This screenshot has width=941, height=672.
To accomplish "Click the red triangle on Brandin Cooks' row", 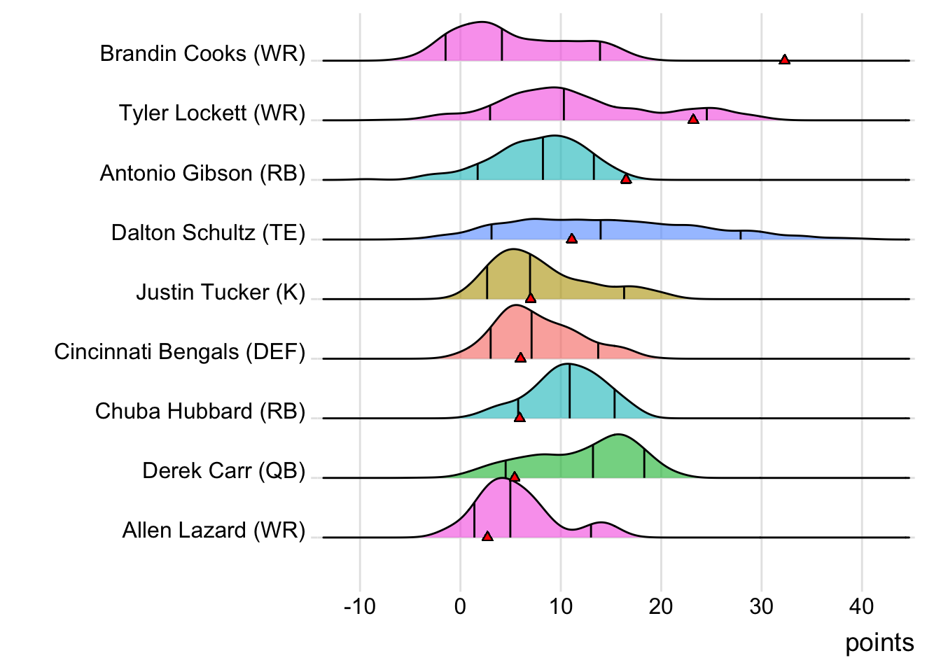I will (x=784, y=59).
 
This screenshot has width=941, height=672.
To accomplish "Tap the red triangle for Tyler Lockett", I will (x=693, y=119).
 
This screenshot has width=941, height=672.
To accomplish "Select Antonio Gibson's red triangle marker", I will (x=626, y=179).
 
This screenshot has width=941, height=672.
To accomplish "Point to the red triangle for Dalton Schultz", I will (x=571, y=239).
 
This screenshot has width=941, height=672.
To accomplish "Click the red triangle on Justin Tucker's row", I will (x=531, y=298).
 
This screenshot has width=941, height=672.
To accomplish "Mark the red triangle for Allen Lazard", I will (x=487, y=536).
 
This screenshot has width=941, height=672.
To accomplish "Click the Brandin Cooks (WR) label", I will (x=202, y=53).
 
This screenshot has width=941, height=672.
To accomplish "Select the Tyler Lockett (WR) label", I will (x=211, y=113).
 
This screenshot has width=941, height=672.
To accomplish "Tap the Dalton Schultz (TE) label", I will (x=208, y=232).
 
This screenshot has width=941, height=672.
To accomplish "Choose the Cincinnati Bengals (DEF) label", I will (x=179, y=351).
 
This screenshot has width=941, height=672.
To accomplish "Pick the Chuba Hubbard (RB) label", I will (x=200, y=411).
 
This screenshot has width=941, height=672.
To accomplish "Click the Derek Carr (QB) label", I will (x=223, y=470).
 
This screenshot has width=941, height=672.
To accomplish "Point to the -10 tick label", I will (x=360, y=606).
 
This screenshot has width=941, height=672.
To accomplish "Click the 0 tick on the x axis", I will (x=460, y=606).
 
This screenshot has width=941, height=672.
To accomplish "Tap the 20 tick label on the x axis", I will (x=660, y=606).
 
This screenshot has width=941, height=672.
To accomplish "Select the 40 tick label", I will (x=861, y=606).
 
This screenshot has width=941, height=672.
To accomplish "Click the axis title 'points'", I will (x=879, y=643).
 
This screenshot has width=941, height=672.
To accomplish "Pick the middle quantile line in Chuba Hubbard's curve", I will (x=569, y=392).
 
